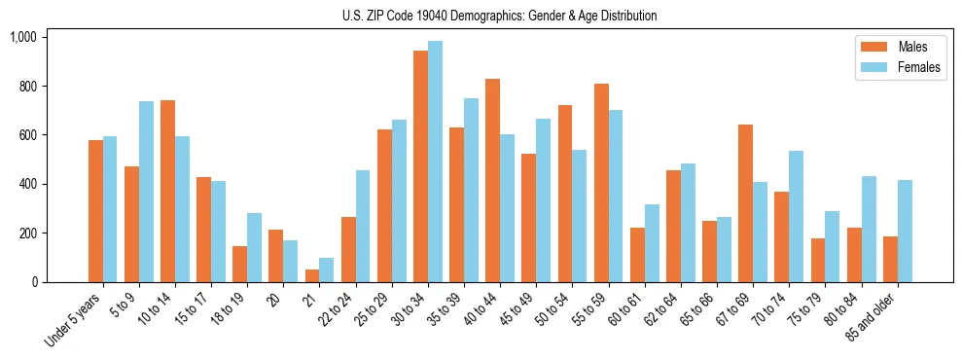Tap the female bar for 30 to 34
pyautogui.click(x=435, y=162)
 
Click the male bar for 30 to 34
pyautogui.click(x=420, y=166)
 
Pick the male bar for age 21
pyautogui.click(x=312, y=275)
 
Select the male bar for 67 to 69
pyautogui.click(x=745, y=203)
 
